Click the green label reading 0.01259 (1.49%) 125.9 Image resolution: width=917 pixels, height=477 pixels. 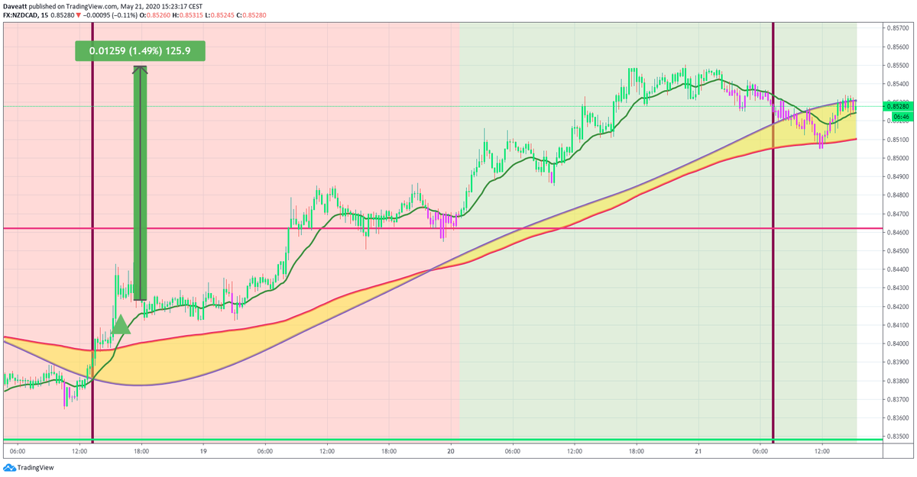tap(140, 51)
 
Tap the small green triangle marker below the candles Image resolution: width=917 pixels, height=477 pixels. tap(121, 326)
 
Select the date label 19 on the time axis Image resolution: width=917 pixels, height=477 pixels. tap(203, 452)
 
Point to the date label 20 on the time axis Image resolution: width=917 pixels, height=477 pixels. tap(451, 452)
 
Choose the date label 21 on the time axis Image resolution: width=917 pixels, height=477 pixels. tap(698, 452)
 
